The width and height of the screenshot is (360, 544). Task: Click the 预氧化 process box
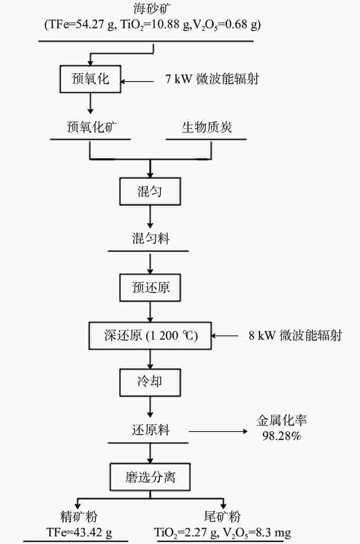(90, 79)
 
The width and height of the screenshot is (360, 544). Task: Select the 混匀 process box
(150, 191)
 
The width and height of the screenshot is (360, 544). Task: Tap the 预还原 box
(150, 287)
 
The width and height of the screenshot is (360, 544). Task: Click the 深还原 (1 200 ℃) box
(150, 336)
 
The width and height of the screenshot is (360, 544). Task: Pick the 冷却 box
(150, 382)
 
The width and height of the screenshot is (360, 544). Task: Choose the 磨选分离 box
(150, 477)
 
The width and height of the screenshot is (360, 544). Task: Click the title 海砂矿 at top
(150, 8)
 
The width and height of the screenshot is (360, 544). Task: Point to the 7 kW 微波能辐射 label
(212, 79)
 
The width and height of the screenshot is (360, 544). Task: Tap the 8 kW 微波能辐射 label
(295, 336)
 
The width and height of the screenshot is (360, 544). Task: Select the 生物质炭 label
(206, 127)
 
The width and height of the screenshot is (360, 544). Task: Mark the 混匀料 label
(150, 239)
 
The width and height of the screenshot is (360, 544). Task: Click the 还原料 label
(150, 430)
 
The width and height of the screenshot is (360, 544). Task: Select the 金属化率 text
(282, 420)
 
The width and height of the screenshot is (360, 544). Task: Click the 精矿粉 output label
(79, 517)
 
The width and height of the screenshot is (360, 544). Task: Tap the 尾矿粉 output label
(222, 517)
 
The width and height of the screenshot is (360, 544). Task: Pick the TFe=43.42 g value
(79, 532)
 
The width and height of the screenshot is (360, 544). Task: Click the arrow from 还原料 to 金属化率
(218, 432)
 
